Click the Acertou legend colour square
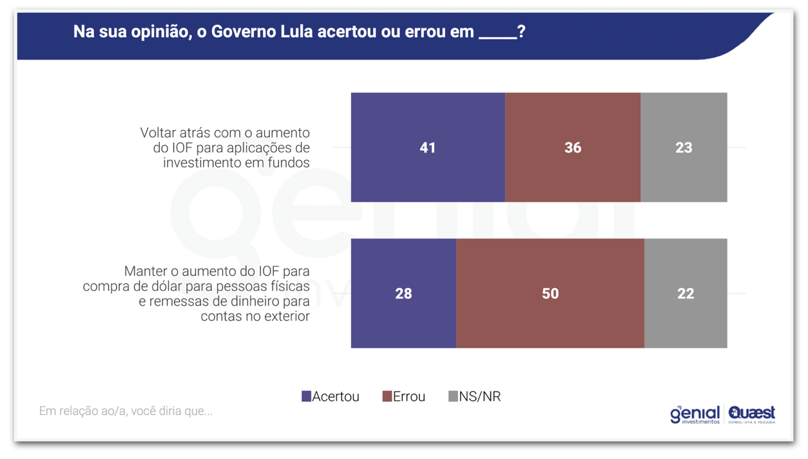(306, 396)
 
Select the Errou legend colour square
(387, 396)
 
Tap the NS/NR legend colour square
(453, 396)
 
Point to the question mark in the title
(521, 31)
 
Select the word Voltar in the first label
(157, 133)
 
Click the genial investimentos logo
(695, 414)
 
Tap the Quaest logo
(752, 414)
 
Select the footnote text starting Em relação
(126, 411)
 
